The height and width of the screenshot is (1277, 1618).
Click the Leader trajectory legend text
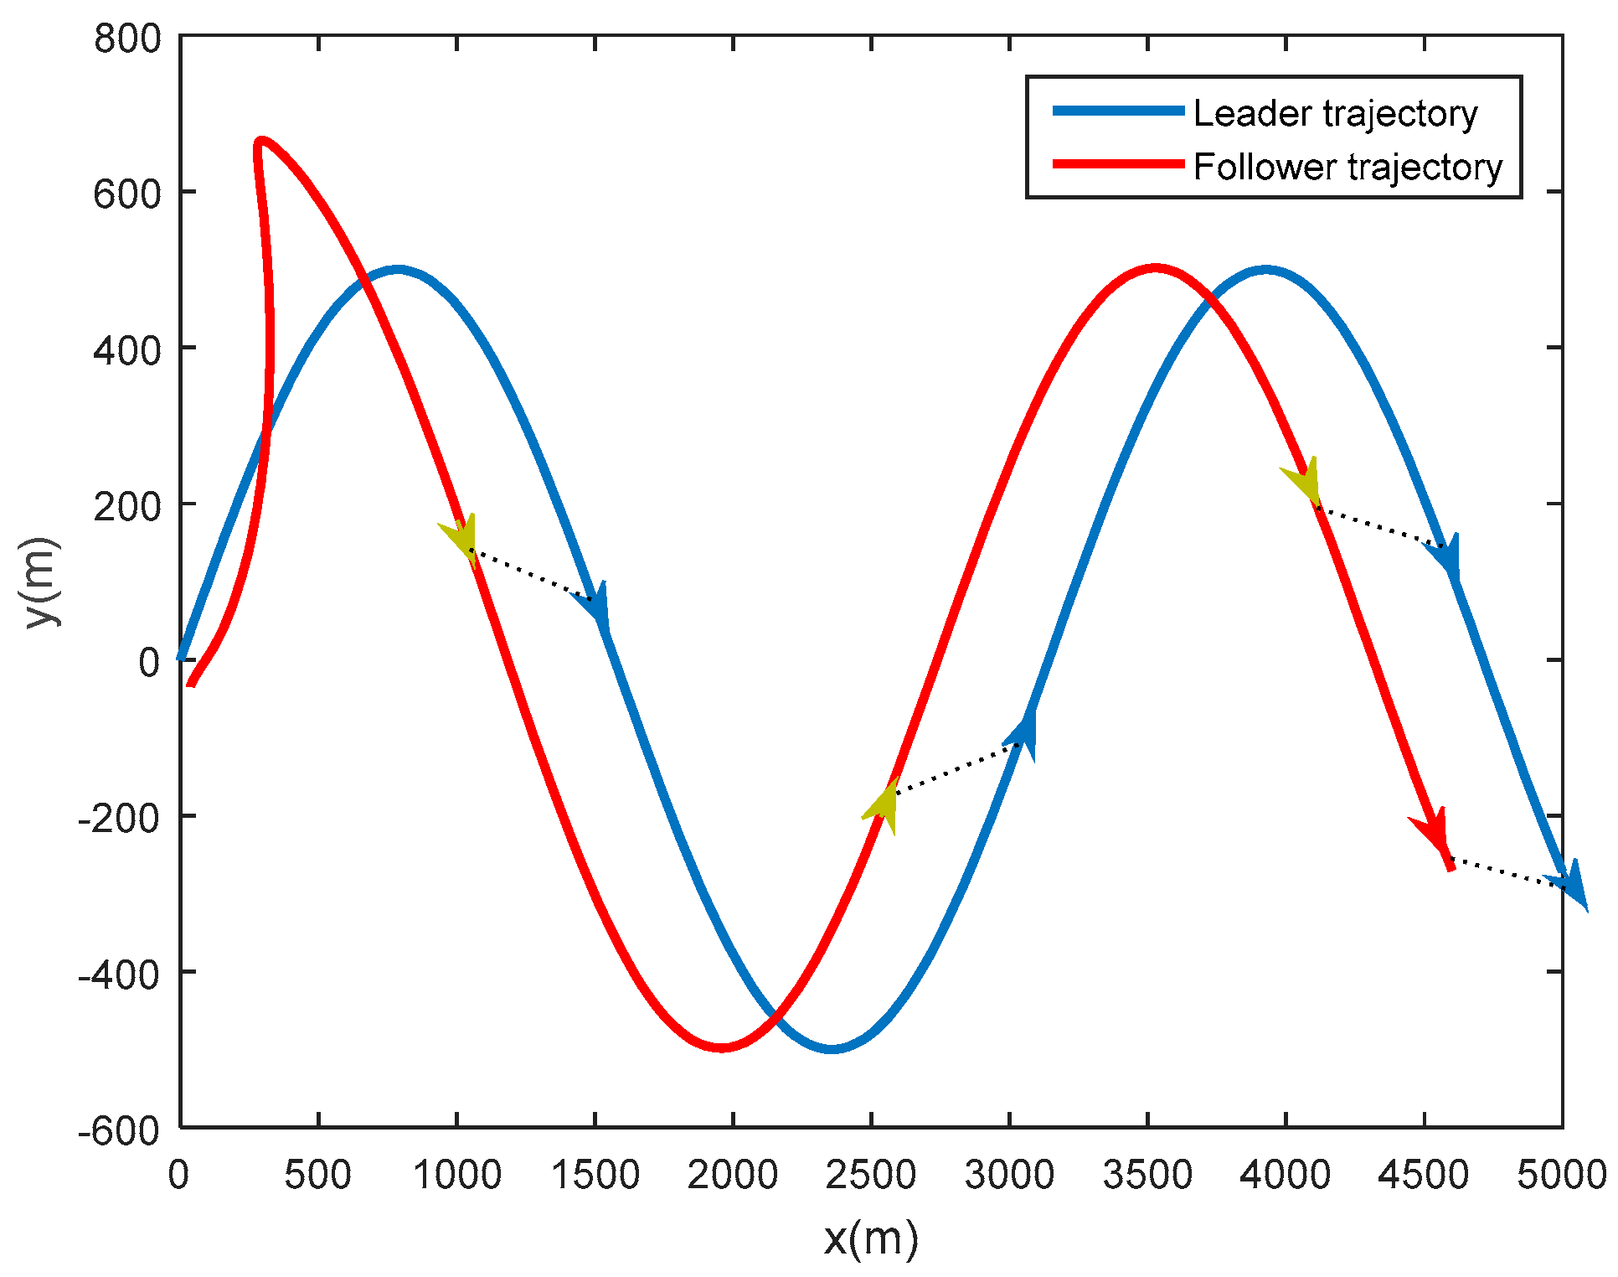pos(1335,113)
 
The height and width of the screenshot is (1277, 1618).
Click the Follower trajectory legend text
pos(1347,167)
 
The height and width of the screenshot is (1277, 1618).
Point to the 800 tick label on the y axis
pos(127,39)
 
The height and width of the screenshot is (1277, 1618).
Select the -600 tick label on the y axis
pos(119,1131)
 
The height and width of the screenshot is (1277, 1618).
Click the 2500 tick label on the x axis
pos(870,1176)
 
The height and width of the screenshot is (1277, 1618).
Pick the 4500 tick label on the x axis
pos(1423,1176)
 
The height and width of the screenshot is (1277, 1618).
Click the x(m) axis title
pos(871,1238)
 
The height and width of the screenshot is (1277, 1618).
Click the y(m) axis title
pos(43,582)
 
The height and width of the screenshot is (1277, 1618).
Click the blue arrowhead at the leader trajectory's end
pos(1573,885)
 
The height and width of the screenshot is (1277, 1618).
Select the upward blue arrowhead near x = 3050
pos(1025,735)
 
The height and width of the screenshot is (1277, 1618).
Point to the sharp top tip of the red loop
pos(260,142)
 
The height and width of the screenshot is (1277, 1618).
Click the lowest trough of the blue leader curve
pos(832,1048)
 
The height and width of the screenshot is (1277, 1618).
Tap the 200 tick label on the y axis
pos(127,506)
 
